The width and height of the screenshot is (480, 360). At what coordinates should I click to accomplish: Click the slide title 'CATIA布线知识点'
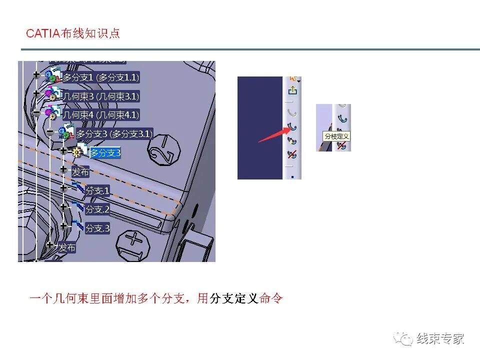pyautogui.click(x=73, y=33)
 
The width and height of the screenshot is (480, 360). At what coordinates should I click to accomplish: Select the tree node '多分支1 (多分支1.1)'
pyautogui.click(x=100, y=77)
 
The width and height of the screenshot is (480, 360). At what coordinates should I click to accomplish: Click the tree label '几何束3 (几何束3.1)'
pyautogui.click(x=100, y=96)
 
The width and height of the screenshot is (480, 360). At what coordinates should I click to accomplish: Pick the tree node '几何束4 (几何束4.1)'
pyautogui.click(x=100, y=115)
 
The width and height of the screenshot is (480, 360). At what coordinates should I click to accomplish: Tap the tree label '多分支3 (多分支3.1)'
pyautogui.click(x=114, y=134)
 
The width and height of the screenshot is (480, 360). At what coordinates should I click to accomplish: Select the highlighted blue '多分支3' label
pyautogui.click(x=105, y=153)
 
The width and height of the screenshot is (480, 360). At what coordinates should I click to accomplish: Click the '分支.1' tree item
pyautogui.click(x=97, y=190)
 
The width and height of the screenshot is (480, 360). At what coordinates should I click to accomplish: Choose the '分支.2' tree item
pyautogui.click(x=97, y=209)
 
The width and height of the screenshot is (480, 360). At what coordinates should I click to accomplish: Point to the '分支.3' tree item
pyautogui.click(x=97, y=228)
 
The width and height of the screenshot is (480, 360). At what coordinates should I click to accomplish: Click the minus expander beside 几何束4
pyautogui.click(x=36, y=113)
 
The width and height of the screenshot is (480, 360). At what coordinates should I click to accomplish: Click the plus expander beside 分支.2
pyautogui.click(x=63, y=206)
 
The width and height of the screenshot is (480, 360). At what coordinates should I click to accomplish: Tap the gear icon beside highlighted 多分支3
pyautogui.click(x=77, y=152)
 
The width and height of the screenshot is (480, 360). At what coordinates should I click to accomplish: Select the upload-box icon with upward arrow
pyautogui.click(x=293, y=90)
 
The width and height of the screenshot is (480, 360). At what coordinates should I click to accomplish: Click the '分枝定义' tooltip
pyautogui.click(x=336, y=136)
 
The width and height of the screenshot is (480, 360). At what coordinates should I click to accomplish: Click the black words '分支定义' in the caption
pyautogui.click(x=233, y=299)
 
